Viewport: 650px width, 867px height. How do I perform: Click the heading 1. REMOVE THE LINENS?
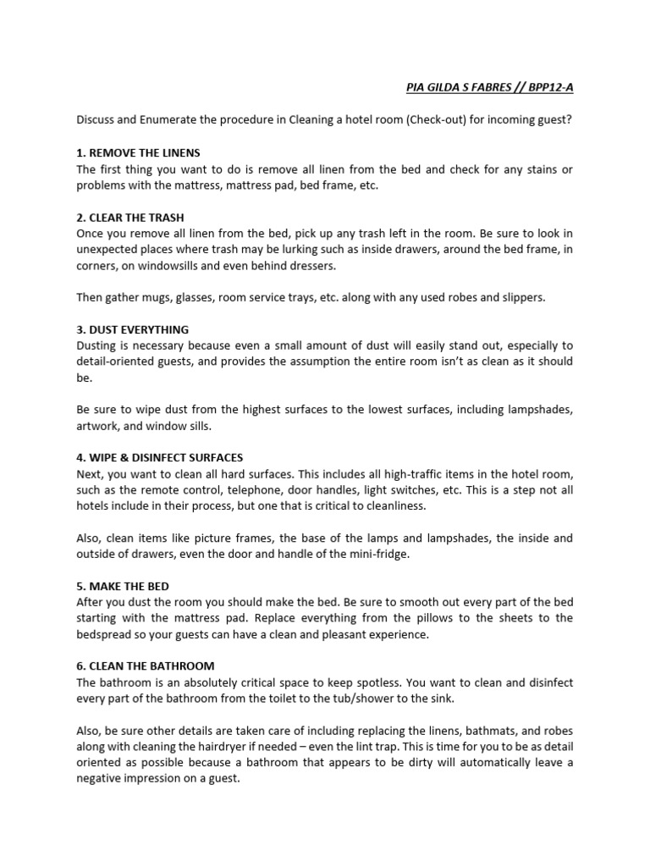pos(138,152)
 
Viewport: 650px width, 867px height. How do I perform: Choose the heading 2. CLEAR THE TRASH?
pos(129,217)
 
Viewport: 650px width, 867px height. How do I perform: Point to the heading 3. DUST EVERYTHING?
pos(132,329)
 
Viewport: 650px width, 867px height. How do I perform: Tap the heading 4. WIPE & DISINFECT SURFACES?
pos(160,457)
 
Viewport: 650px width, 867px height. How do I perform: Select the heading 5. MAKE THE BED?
pos(123,586)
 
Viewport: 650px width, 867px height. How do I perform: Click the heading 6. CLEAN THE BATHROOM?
pos(145,665)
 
